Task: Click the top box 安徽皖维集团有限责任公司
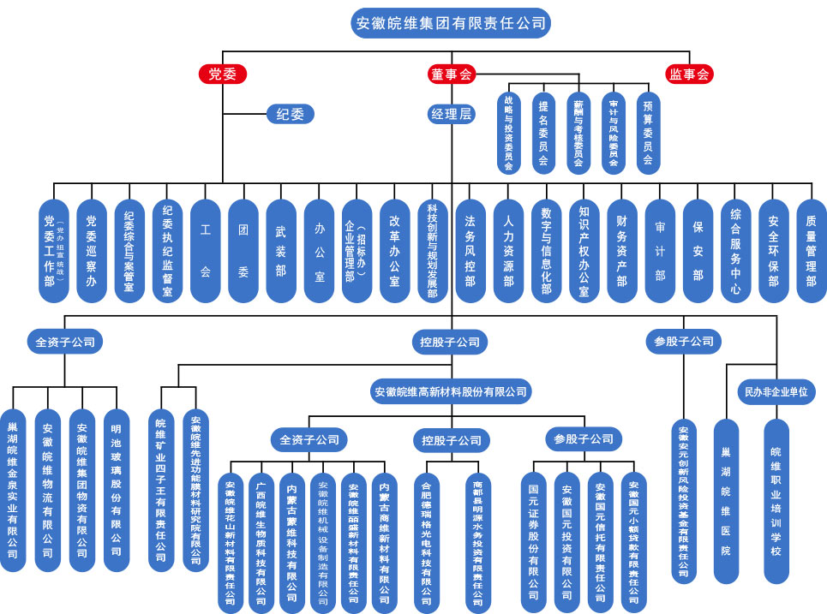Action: click(452, 22)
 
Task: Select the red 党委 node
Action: click(223, 75)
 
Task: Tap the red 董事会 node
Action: click(452, 75)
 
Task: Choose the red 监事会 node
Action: click(690, 75)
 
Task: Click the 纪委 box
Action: click(290, 114)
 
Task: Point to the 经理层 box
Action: click(452, 114)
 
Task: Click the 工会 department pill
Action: click(206, 251)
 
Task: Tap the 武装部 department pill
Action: click(281, 251)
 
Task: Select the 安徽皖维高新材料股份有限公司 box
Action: click(451, 392)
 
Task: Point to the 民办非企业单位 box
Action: click(774, 392)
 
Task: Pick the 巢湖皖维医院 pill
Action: click(726, 501)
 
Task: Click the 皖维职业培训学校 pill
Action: click(776, 501)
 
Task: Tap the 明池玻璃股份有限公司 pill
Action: click(116, 490)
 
